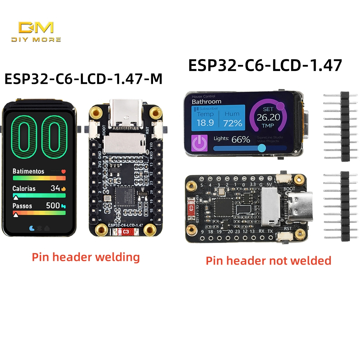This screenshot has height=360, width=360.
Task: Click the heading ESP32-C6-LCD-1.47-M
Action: click(83, 79)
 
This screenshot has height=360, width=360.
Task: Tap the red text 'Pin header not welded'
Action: click(268, 260)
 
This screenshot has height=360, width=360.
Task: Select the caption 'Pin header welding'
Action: click(86, 257)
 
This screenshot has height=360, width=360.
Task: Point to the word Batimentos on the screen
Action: click(28, 171)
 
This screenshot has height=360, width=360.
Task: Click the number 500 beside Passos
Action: click(53, 206)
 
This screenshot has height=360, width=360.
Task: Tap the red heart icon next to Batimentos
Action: click(64, 172)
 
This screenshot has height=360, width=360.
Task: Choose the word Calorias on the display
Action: click(24, 188)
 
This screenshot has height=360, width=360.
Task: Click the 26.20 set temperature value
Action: click(269, 117)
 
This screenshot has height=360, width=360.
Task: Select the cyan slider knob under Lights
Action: click(262, 148)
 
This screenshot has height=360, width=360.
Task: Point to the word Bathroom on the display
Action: click(206, 102)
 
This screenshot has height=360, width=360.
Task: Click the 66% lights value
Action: click(241, 139)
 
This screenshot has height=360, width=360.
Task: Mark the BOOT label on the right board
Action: click(289, 188)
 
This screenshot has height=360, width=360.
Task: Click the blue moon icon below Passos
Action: click(32, 228)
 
